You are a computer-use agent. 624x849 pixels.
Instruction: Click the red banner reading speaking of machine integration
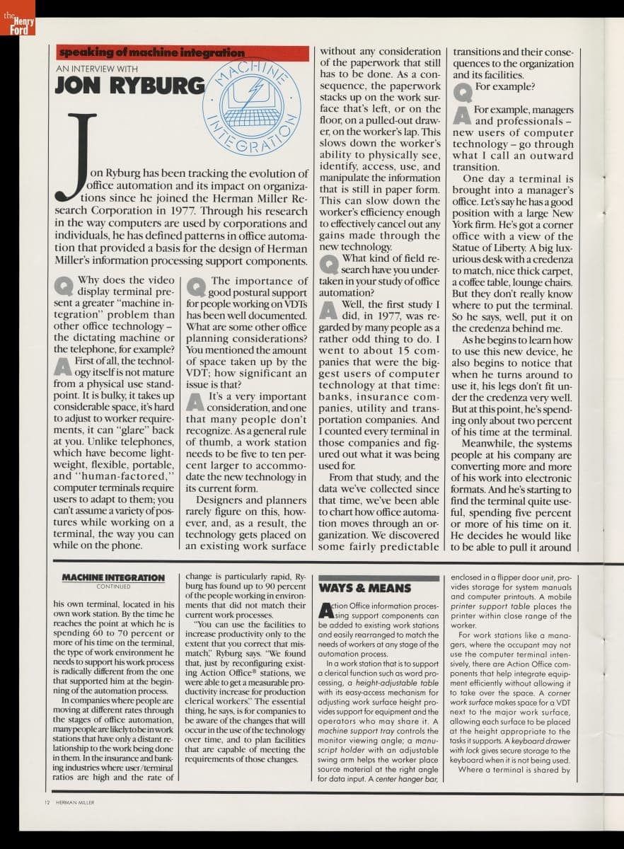pyautogui.click(x=183, y=53)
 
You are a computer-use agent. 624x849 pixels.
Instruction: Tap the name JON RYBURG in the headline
pyautogui.click(x=129, y=85)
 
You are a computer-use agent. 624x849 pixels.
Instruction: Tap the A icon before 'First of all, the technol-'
pyautogui.click(x=64, y=365)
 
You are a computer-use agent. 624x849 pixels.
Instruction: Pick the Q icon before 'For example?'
pyautogui.click(x=462, y=91)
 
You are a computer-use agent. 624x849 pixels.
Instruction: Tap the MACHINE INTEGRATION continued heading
pyautogui.click(x=113, y=578)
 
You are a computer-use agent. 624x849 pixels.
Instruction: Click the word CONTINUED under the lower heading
pyautogui.click(x=113, y=587)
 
